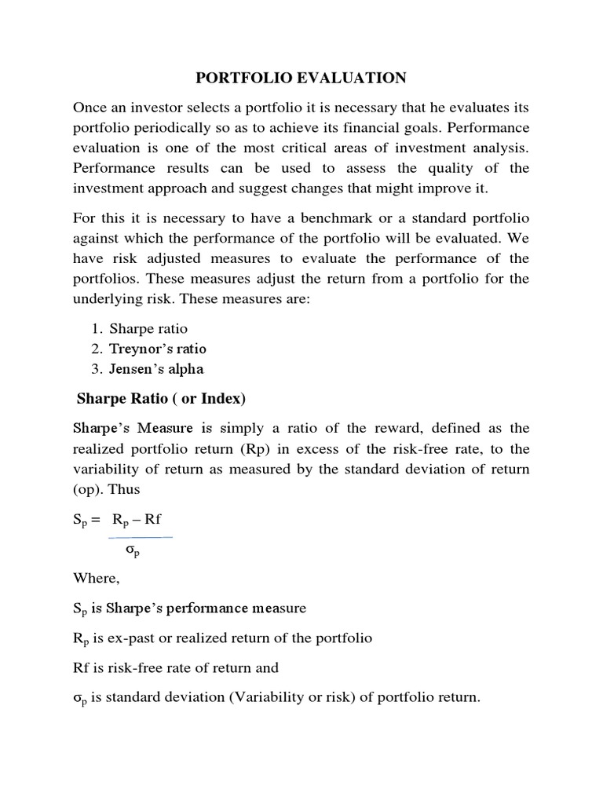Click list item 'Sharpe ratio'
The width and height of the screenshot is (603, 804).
148,328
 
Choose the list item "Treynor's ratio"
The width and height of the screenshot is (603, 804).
158,349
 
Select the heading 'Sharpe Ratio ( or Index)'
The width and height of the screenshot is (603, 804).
162,400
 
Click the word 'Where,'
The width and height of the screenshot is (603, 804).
94,578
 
